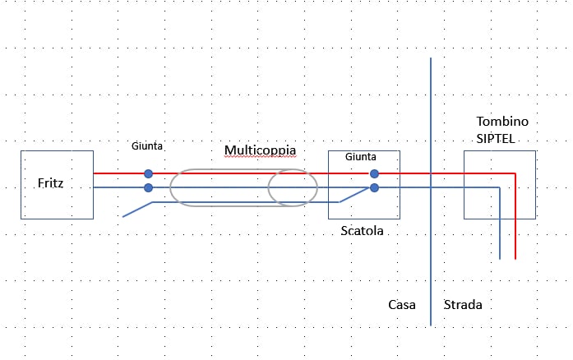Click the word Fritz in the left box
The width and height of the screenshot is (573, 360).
(50, 183)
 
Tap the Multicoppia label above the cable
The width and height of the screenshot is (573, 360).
(260, 151)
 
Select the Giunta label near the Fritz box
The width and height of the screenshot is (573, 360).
(147, 146)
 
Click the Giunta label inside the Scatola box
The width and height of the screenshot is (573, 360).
(361, 156)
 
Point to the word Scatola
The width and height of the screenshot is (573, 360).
(363, 231)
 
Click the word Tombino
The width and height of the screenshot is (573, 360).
(501, 122)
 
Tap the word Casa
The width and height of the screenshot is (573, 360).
(402, 305)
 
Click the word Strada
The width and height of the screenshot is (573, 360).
(463, 305)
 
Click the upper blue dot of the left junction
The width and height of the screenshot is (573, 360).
(148, 173)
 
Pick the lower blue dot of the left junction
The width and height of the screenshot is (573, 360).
(148, 187)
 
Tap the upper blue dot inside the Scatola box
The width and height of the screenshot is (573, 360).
(374, 173)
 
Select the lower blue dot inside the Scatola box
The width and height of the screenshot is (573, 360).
(374, 187)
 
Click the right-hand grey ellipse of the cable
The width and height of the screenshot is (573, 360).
(293, 187)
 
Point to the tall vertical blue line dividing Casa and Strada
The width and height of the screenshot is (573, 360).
(431, 263)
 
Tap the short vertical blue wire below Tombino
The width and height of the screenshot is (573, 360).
(500, 230)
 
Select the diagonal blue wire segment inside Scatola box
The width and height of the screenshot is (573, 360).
(355, 195)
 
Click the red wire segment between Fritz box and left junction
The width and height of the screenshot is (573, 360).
(120, 173)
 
